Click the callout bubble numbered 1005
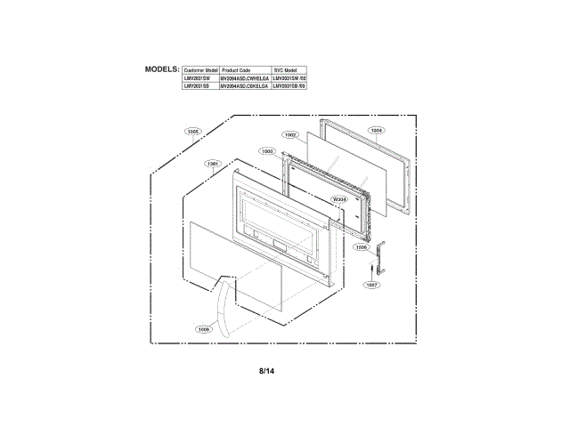194,132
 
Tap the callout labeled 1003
268,151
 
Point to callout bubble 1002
290,134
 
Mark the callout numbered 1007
372,286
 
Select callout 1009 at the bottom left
204,329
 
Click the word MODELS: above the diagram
162,68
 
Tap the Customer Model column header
199,69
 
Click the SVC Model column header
285,69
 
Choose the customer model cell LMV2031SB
196,86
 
